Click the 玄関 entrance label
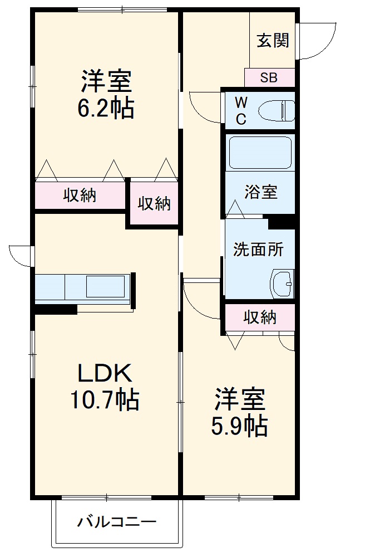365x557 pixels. (273, 41)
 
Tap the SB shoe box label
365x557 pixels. (269, 77)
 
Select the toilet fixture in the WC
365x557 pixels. (277, 110)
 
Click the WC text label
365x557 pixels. (240, 110)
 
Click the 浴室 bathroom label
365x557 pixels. (260, 192)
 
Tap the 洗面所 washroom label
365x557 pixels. (258, 249)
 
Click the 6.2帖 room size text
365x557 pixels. (106, 108)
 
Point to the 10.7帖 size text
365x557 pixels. (104, 399)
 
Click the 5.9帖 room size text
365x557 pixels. (239, 426)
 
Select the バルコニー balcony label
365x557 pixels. (117, 522)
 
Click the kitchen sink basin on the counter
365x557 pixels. (105, 286)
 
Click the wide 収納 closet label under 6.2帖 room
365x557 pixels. (80, 196)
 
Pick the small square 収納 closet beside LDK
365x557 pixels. (154, 204)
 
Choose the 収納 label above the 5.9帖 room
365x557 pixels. (260, 317)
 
